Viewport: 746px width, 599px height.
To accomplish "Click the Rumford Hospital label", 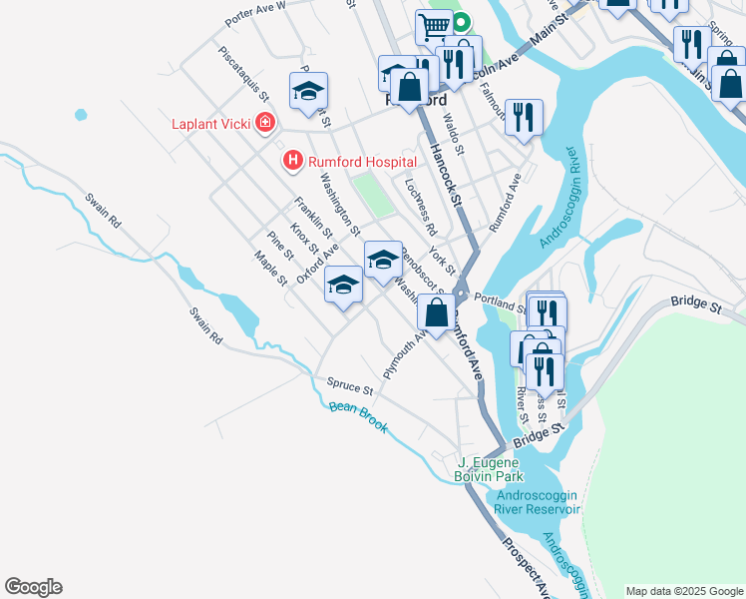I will (361, 160).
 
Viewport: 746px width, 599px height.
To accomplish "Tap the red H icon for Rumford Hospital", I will (292, 160).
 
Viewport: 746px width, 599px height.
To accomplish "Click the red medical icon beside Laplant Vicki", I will (265, 124).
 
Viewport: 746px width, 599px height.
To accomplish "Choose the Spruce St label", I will (349, 384).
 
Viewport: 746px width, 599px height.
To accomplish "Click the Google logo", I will (33, 587).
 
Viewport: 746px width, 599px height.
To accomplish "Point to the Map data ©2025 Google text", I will (683, 591).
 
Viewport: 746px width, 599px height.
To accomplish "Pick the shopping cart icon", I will (433, 26).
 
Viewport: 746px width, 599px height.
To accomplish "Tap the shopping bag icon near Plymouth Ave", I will (437, 311).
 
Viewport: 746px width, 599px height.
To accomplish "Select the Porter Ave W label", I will (255, 13).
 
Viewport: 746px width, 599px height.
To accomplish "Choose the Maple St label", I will (270, 267).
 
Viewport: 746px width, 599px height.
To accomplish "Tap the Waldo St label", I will (455, 133).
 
